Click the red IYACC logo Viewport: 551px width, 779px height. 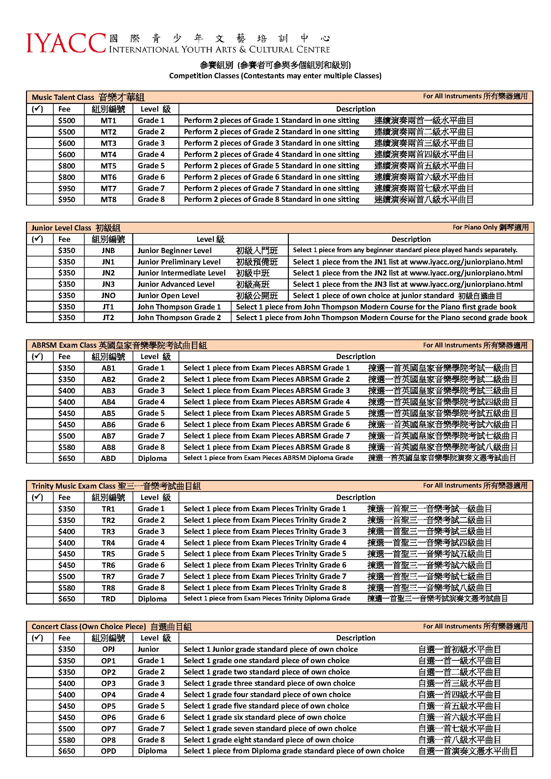click(66, 43)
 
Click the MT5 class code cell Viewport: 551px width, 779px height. click(108, 166)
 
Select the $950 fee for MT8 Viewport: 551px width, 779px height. click(67, 200)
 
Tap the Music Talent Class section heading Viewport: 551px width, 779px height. click(88, 98)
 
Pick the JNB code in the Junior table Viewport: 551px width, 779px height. click(108, 251)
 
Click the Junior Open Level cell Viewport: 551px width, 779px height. click(168, 296)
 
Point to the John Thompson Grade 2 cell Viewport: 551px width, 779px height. click(179, 318)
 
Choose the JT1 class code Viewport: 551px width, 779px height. click(108, 307)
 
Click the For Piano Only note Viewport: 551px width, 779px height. click(490, 227)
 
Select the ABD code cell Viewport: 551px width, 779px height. click(108, 458)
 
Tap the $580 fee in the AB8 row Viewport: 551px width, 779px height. click(67, 447)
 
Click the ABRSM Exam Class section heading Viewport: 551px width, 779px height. click(119, 345)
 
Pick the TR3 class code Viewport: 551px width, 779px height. click(108, 532)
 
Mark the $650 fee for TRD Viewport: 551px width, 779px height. click(67, 599)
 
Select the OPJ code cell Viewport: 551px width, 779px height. click(108, 649)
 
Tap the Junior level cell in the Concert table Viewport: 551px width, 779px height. click(148, 649)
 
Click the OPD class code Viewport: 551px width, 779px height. click(108, 751)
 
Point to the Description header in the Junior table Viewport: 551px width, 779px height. click(410, 239)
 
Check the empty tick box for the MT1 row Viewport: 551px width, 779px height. click(40, 121)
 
